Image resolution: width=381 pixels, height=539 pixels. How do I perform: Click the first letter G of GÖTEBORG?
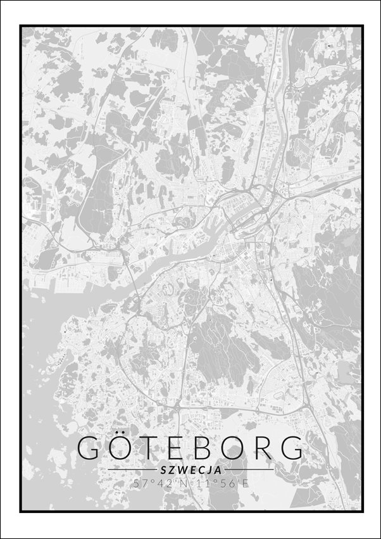(x=90, y=448)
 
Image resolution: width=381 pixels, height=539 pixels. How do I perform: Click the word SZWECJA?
(x=190, y=470)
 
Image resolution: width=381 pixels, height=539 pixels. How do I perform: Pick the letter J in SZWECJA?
(x=210, y=470)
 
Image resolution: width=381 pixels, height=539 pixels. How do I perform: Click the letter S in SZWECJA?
(x=164, y=470)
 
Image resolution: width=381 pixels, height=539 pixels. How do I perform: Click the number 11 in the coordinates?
(x=201, y=483)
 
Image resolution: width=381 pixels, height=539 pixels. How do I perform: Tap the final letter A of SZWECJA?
(x=218, y=470)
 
